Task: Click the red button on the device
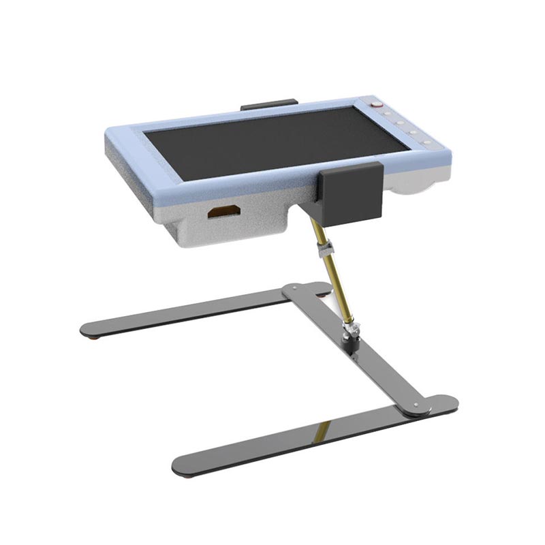pyautogui.click(x=375, y=104)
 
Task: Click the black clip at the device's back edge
pyautogui.click(x=268, y=105)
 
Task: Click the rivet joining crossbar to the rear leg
pyautogui.click(x=294, y=289)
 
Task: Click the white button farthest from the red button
pyautogui.click(x=426, y=142)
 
